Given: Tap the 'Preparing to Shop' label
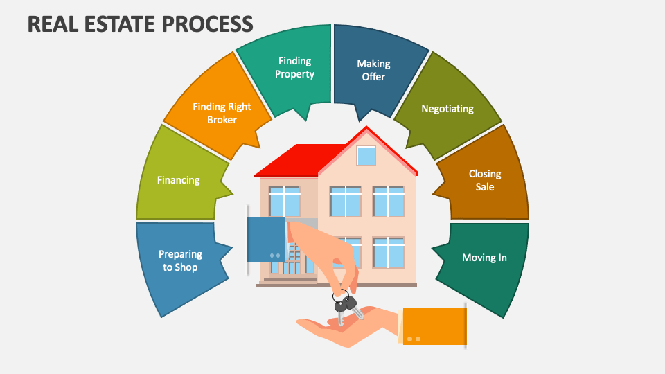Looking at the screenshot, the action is pos(180,260).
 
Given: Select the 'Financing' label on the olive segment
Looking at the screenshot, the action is pos(178,180).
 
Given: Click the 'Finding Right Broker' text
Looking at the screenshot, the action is pos(222,113).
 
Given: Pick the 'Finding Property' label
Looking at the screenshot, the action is pos(294,67).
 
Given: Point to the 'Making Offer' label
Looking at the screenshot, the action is pos(373,70).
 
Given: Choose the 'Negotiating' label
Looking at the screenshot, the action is pos(447,109).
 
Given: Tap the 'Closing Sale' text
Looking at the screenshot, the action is pos(484,180).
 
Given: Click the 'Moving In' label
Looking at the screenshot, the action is pos(484,258).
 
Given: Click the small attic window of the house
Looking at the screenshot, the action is pos(366,156).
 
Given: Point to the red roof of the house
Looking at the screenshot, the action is pos(298,161).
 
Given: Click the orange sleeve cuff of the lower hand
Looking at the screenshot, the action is pos(434,326).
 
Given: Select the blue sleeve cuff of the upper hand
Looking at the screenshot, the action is pos(266,239).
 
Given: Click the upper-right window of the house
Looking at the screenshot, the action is pos(388,201).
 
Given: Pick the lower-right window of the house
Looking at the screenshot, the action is pos(388,252).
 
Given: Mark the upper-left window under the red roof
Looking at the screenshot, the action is pos(285,201).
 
